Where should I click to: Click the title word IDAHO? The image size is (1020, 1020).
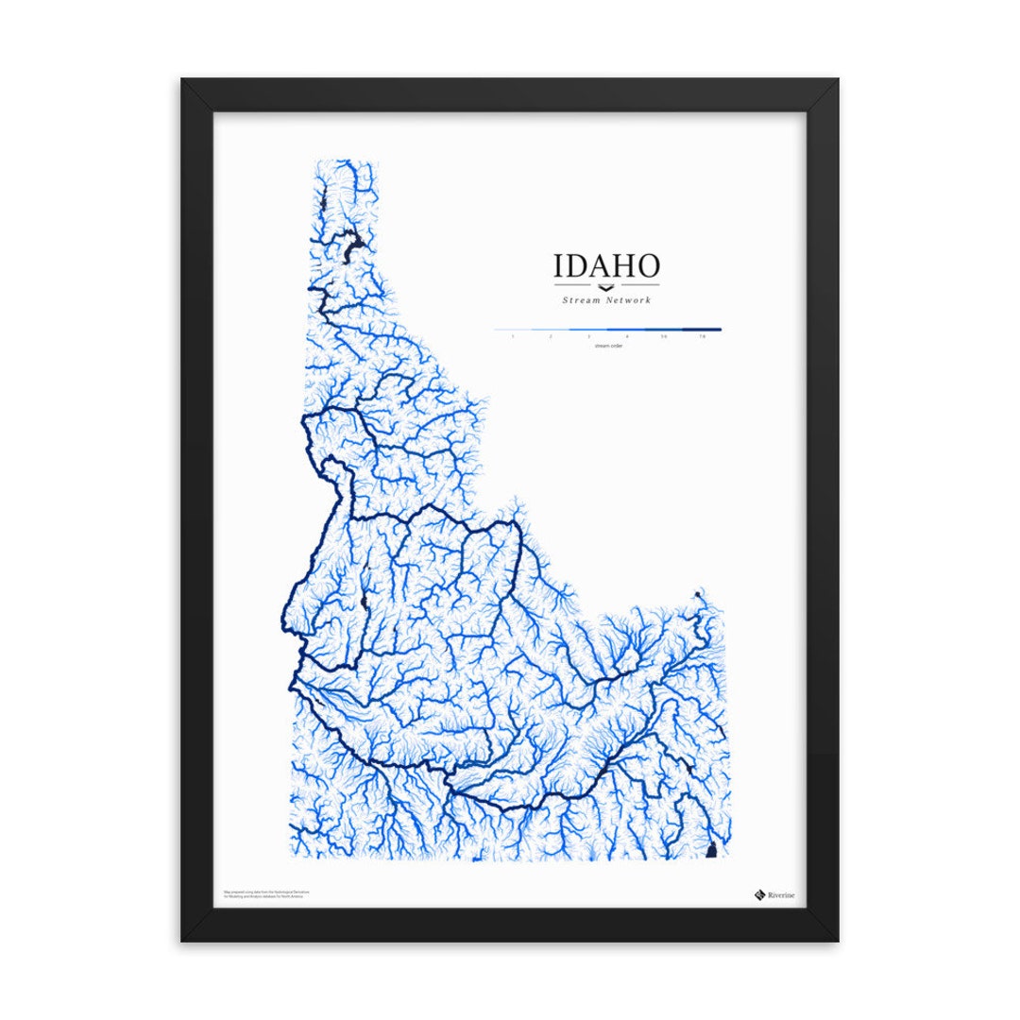coord(606,265)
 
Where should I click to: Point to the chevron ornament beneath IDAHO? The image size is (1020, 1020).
coord(606,286)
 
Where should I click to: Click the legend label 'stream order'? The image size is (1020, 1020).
coord(607,346)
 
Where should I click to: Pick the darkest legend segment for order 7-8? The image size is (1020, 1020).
coord(702,330)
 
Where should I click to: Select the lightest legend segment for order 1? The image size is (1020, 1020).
coord(512,330)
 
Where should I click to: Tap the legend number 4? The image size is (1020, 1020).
coord(626,336)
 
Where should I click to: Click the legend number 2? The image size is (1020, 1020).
coord(551,336)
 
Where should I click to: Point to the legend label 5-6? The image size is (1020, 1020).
coord(664,336)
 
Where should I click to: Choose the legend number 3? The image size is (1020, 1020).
coord(588,336)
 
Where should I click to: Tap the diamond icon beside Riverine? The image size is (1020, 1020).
coord(758,894)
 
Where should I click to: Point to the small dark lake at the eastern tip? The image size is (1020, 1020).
coord(698,594)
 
